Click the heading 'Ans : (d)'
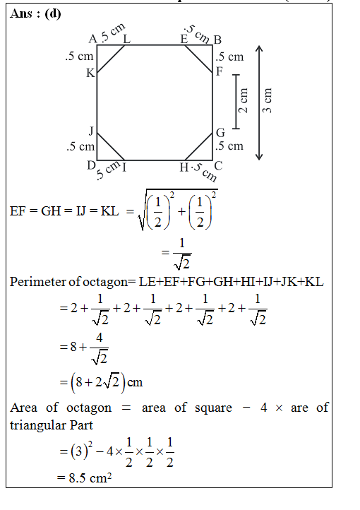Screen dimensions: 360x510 [x=35, y=13]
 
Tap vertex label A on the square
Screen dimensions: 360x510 [x=93, y=39]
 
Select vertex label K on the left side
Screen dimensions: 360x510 [x=90, y=73]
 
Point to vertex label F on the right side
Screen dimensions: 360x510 [x=220, y=71]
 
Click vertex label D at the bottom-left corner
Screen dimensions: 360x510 [x=91, y=165]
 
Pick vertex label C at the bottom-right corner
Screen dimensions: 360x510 [x=218, y=166]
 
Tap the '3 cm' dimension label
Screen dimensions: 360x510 [x=267, y=100]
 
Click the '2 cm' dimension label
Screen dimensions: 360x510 [x=243, y=100]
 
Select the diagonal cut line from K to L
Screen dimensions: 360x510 [x=111, y=59]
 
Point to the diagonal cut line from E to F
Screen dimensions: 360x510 [x=198, y=59]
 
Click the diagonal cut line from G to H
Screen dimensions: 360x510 [x=198, y=146]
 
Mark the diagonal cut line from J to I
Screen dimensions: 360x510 [x=111, y=146]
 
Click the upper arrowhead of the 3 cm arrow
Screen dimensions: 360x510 [x=258, y=49]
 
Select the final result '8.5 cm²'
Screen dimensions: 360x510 [x=85, y=478]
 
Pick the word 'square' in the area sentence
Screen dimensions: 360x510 [x=213, y=408]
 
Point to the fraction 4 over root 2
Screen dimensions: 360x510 [x=99, y=348]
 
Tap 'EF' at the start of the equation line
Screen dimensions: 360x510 [x=18, y=211]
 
